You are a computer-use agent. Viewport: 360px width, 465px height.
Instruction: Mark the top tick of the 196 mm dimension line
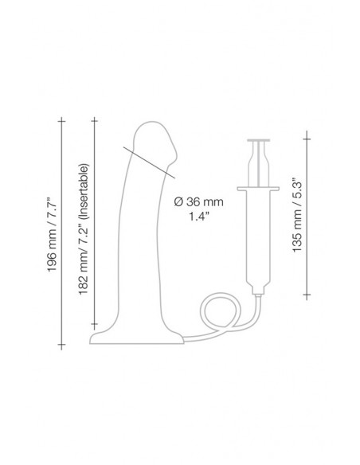click(x=61, y=121)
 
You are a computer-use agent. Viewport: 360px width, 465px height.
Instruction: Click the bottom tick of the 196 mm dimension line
click(x=61, y=349)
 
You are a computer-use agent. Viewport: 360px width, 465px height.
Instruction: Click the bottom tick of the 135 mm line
click(x=305, y=296)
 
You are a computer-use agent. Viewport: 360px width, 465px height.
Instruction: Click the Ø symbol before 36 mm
click(x=176, y=202)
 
